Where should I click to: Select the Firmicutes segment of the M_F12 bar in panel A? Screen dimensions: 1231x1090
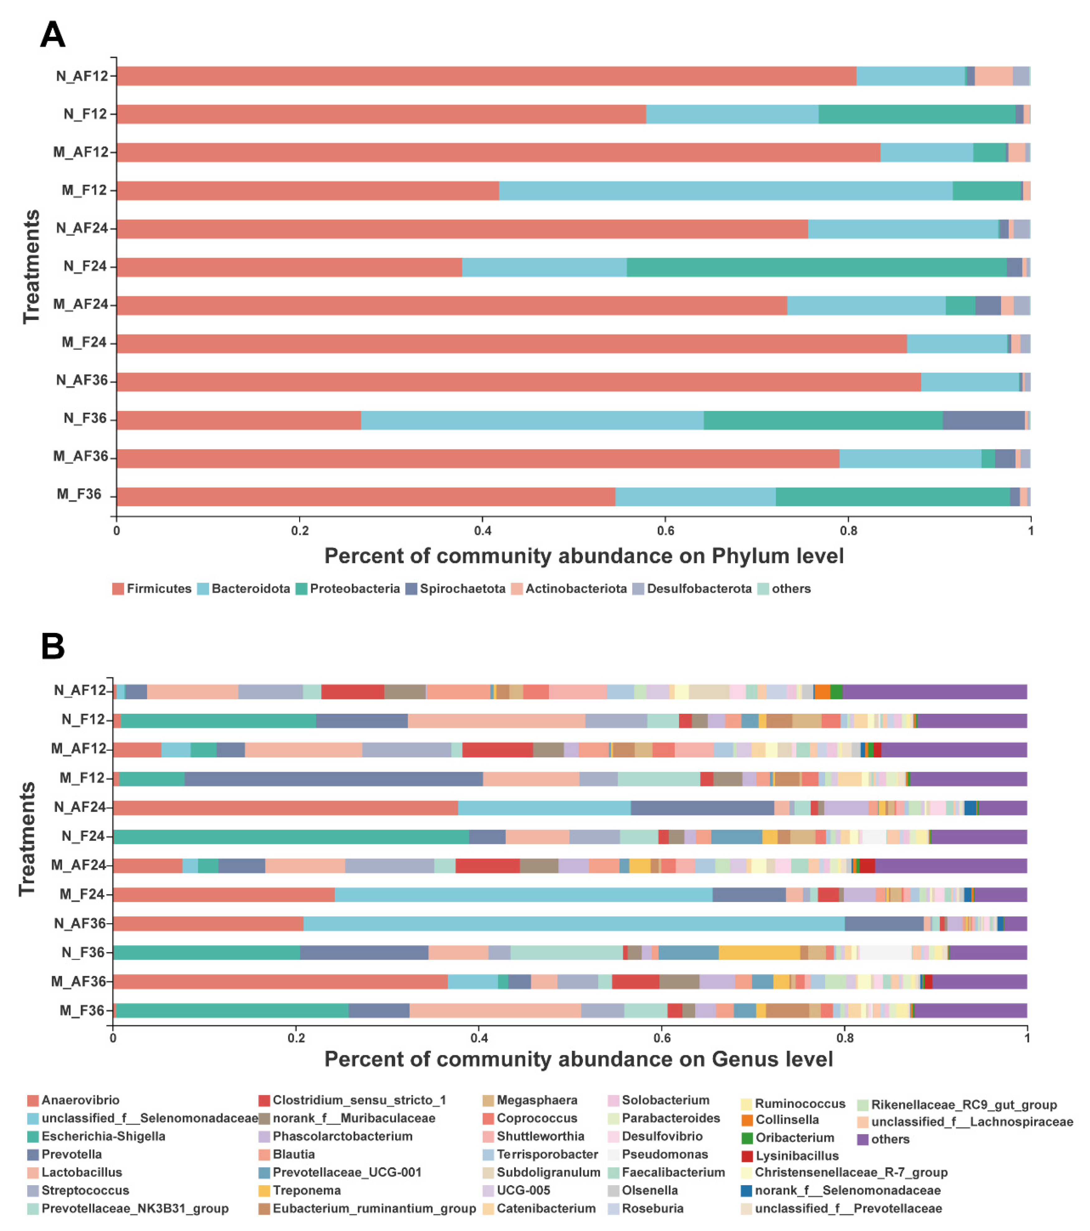[x=307, y=190]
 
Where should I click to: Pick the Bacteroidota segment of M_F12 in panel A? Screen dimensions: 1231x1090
[x=725, y=190]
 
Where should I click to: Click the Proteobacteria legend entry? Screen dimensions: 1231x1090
[x=354, y=588]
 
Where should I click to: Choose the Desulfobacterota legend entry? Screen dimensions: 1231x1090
[x=698, y=588]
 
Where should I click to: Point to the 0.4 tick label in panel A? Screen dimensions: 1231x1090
[x=482, y=531]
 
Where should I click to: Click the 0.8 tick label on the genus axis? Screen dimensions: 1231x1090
[x=844, y=1038]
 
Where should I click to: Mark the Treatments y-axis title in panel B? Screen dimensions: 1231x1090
[x=27, y=839]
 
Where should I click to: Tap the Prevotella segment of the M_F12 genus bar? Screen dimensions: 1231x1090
[x=333, y=778]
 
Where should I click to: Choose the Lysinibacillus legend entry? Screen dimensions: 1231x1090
[x=796, y=1156]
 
